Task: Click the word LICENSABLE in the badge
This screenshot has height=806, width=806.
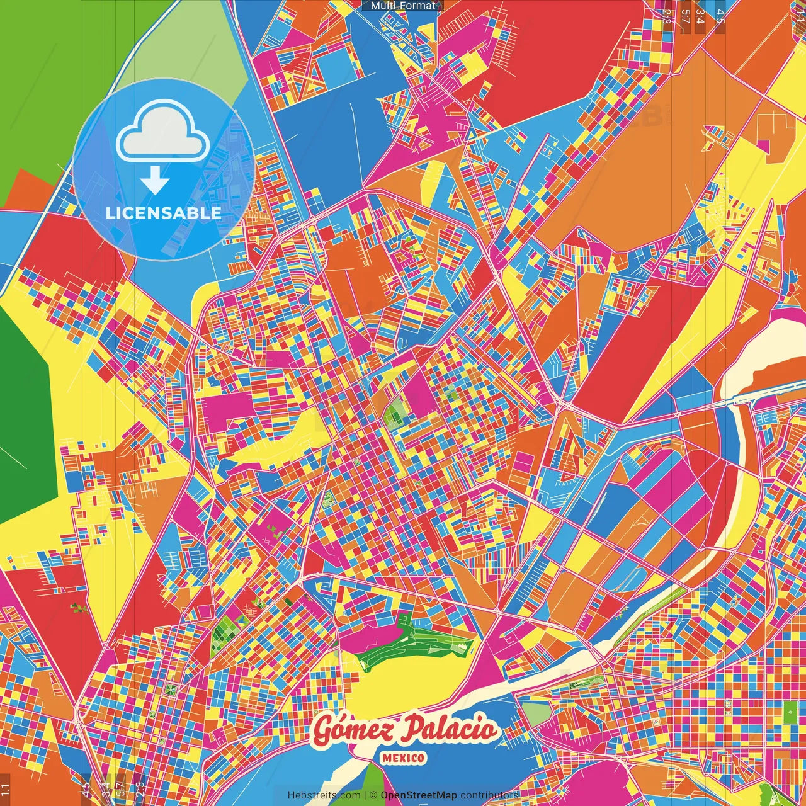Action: click(x=163, y=213)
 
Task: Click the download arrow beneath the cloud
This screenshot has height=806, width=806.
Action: click(x=154, y=181)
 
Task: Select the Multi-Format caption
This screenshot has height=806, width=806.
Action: click(x=403, y=6)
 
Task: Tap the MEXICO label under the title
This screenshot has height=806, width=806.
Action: click(x=403, y=758)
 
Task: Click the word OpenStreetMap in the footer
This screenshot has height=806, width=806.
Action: click(x=419, y=795)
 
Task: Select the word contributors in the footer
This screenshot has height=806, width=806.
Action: click(x=489, y=795)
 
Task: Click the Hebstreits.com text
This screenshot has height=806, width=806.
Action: click(x=324, y=795)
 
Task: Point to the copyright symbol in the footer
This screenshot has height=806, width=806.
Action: click(x=373, y=795)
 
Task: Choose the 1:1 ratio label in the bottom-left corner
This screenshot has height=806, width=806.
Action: click(x=6, y=789)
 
